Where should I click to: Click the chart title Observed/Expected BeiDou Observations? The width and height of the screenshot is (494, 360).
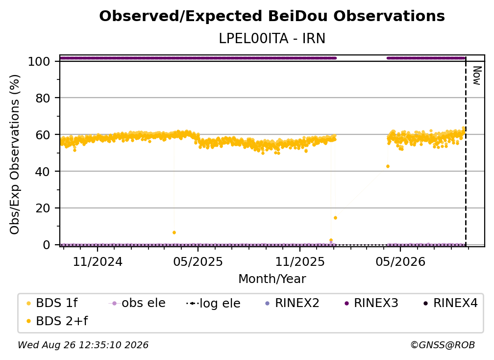(x=272, y=16)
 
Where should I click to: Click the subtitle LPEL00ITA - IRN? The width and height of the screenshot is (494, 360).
(x=272, y=38)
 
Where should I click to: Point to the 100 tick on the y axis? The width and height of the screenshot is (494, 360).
(x=39, y=61)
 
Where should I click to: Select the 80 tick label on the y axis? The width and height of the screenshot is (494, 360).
(x=43, y=98)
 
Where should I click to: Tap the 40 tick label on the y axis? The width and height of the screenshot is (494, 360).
(x=43, y=172)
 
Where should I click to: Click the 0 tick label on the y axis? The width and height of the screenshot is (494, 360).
(x=47, y=245)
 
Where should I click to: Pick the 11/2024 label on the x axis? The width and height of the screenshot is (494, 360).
(x=98, y=261)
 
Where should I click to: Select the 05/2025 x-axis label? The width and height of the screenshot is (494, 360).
(x=198, y=261)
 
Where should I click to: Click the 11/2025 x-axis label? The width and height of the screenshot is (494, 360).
(x=300, y=261)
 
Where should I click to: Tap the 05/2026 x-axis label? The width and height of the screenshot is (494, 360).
(x=400, y=261)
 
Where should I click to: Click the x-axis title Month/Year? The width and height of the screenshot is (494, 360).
(x=272, y=279)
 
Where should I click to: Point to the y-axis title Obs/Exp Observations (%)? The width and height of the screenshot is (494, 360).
(x=15, y=154)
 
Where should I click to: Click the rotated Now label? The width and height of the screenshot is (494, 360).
(x=477, y=76)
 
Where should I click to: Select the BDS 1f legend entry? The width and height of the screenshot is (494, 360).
(x=52, y=303)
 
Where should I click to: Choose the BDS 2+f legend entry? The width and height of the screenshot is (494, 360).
(x=57, y=321)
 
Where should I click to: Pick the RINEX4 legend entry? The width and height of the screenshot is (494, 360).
(x=450, y=303)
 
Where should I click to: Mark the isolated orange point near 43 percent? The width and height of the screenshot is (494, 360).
(x=388, y=166)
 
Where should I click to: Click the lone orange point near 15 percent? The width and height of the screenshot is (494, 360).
(x=336, y=218)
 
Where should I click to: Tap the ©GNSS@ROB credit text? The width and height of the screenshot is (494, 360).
(x=443, y=345)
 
